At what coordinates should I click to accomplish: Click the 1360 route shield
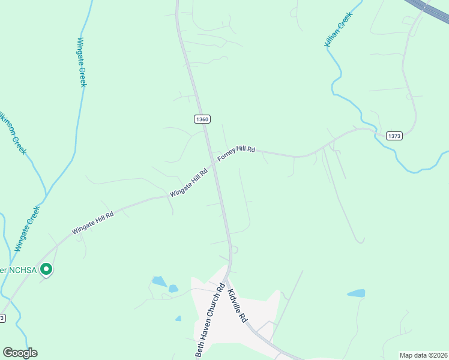[x=202, y=119]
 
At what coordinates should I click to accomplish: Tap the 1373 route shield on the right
[x=394, y=136]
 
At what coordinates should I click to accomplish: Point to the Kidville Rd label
[x=238, y=307]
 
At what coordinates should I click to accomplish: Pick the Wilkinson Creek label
[x=13, y=133]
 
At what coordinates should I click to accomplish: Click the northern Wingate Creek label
[x=82, y=62]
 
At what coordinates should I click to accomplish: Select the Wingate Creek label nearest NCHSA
[x=27, y=229]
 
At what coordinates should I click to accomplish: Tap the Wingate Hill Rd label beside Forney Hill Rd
[x=188, y=182]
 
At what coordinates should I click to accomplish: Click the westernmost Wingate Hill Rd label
[x=92, y=222]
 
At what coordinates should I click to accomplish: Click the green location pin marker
[x=46, y=270]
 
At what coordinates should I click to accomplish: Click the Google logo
[x=20, y=353]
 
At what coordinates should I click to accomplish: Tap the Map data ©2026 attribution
[x=423, y=355]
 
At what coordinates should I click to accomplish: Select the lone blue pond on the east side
[x=356, y=293]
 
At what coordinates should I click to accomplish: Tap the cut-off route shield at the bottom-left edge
[x=2, y=318]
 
